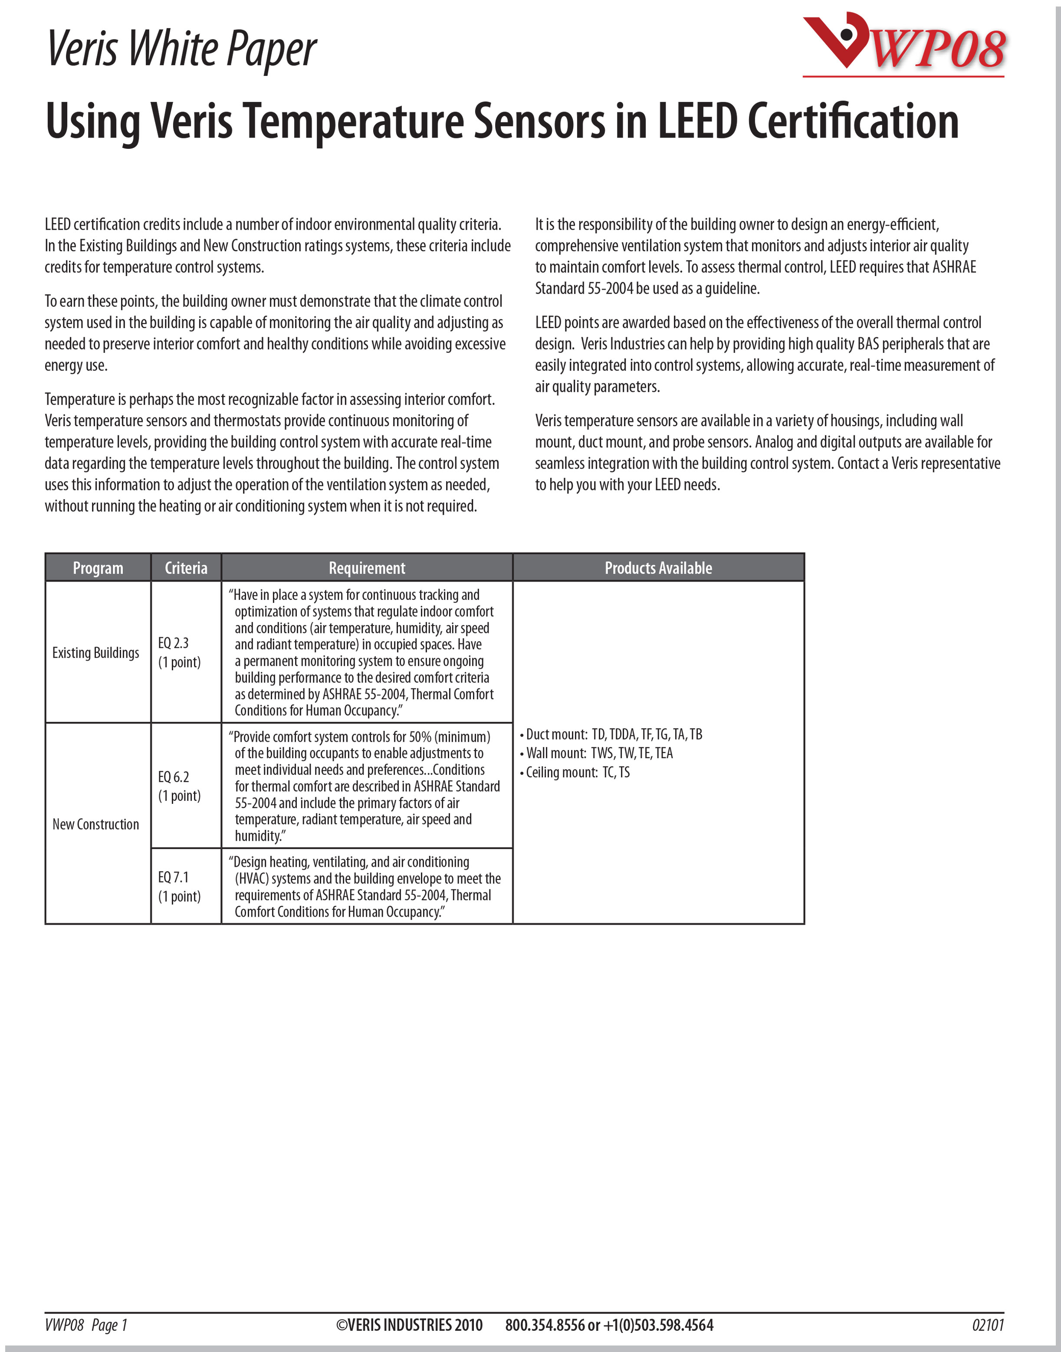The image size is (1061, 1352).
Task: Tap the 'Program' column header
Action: click(x=98, y=568)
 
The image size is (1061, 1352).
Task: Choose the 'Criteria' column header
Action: click(x=186, y=568)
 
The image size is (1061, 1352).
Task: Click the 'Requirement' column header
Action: click(x=367, y=568)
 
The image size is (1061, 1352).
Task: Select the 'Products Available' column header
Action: click(x=658, y=568)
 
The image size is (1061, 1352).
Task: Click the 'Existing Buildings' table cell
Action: click(x=95, y=652)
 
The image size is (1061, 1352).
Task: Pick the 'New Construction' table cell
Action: click(x=95, y=824)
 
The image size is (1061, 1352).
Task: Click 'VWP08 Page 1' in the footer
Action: click(x=86, y=1325)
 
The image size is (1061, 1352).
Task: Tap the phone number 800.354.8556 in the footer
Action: click(x=544, y=1325)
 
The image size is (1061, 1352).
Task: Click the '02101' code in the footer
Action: click(x=987, y=1325)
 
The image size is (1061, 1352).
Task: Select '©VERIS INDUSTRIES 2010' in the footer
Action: click(x=409, y=1325)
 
